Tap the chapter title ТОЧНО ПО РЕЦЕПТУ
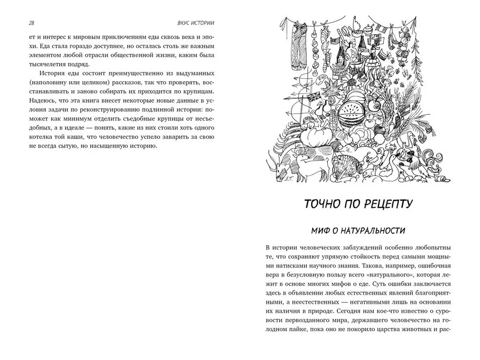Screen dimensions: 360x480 [x=358, y=204]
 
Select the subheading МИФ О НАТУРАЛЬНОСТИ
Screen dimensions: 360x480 [x=358, y=231]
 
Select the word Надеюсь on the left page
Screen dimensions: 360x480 [x=41, y=101]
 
